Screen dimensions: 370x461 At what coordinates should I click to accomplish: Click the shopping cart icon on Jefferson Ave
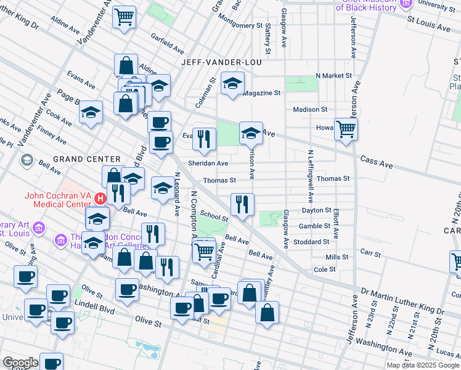pyautogui.click(x=346, y=129)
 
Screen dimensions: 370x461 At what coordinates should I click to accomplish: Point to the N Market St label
pyautogui.click(x=333, y=75)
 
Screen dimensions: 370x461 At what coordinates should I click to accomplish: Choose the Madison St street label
pyautogui.click(x=310, y=109)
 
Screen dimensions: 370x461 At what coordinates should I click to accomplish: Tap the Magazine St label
pyautogui.click(x=261, y=93)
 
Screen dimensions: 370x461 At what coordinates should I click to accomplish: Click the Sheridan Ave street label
pyautogui.click(x=208, y=163)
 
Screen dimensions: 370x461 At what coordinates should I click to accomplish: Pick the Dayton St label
pyautogui.click(x=317, y=210)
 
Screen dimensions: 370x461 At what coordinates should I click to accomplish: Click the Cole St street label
pyautogui.click(x=324, y=269)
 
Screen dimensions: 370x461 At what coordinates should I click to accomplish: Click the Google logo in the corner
pyautogui.click(x=20, y=363)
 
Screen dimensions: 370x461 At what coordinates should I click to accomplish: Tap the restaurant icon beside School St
pyautogui.click(x=242, y=205)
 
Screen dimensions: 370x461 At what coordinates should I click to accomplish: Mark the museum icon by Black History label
pyautogui.click(x=406, y=4)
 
